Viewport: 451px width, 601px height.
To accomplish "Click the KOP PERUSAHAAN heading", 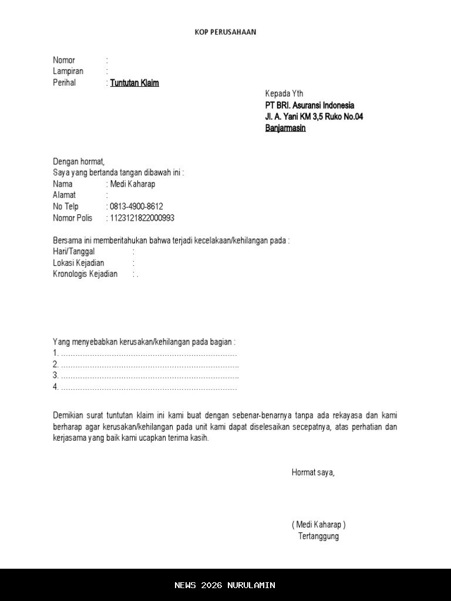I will (x=225, y=32).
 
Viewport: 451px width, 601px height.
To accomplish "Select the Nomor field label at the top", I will (x=64, y=60).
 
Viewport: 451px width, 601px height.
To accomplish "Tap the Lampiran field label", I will (x=68, y=71).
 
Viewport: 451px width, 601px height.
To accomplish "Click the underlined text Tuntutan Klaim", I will (x=134, y=83).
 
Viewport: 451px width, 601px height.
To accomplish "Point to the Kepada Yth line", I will (x=284, y=94).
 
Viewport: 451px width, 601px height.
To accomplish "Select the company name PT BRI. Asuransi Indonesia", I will (x=309, y=105).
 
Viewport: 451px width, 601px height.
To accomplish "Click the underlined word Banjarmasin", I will (x=285, y=128).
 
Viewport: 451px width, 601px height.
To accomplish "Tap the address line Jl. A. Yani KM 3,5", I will (x=314, y=117).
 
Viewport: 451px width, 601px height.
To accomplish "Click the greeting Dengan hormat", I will (x=79, y=161).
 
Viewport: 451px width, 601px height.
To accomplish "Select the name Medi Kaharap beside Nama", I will (x=133, y=184).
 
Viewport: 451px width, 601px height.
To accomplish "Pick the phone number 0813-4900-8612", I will (x=136, y=207).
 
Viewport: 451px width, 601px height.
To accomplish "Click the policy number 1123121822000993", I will (x=142, y=218).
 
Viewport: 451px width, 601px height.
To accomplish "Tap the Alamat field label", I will (x=64, y=195).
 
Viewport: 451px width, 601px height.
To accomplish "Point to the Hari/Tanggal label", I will (x=74, y=251).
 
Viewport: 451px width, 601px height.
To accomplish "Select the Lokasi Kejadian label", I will (x=79, y=263).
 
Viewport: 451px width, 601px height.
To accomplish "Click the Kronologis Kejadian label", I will (x=85, y=274).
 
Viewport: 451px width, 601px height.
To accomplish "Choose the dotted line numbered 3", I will (x=146, y=376).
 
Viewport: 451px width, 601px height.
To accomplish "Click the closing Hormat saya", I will (x=313, y=472).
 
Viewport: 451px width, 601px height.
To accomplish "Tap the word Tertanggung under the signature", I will (x=318, y=536).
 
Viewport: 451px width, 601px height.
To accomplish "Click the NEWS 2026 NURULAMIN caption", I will (x=225, y=585).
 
